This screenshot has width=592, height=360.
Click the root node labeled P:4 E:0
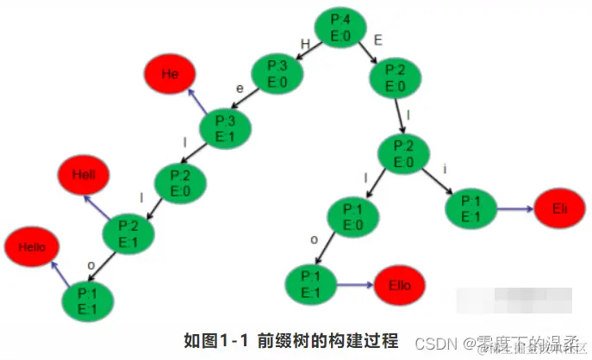[341, 28]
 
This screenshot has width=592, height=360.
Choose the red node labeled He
[170, 74]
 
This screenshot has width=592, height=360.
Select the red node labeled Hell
[84, 176]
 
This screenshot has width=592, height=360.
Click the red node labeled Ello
[400, 285]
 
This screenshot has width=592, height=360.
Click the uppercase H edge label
[303, 43]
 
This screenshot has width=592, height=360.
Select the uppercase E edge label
[378, 40]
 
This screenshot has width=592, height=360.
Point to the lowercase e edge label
[241, 88]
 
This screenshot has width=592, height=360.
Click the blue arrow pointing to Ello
[353, 285]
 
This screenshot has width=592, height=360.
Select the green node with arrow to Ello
[310, 285]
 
